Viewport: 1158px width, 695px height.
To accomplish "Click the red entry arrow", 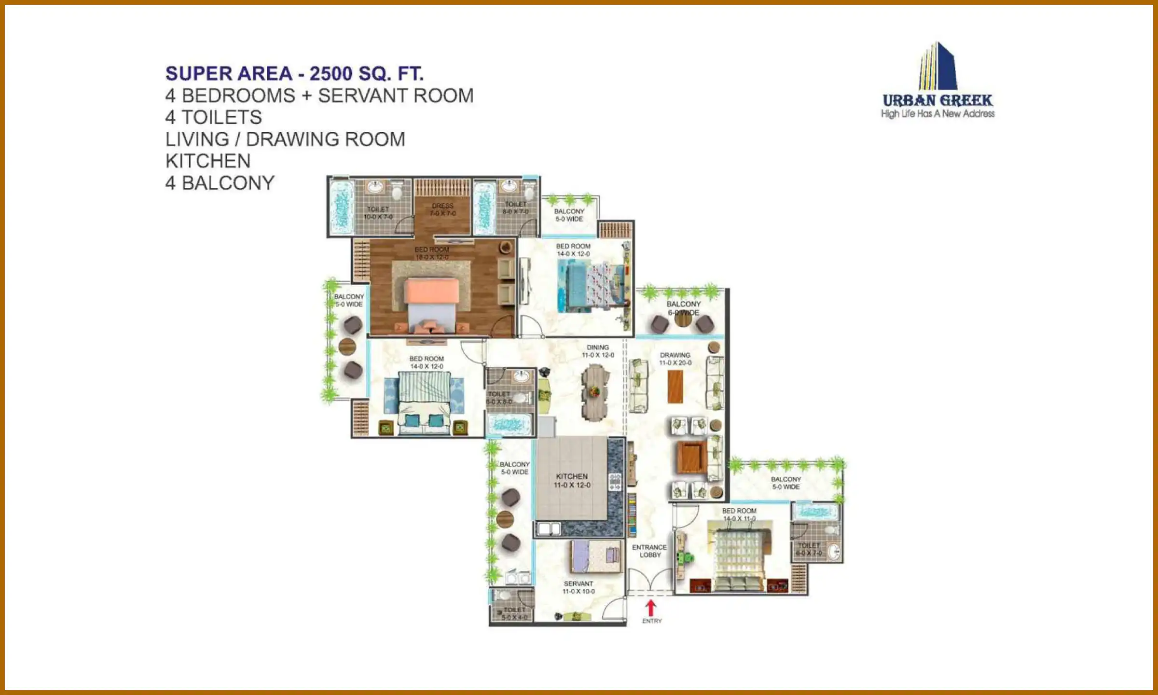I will (x=651, y=608).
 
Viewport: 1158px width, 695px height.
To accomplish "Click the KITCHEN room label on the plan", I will (x=572, y=480).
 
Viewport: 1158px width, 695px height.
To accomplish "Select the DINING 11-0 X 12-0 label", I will (x=598, y=351).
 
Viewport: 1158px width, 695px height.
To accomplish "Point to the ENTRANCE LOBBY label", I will (x=649, y=551).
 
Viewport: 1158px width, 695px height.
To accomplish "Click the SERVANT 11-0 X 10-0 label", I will (x=579, y=587).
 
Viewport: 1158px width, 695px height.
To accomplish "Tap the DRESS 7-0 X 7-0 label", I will (x=442, y=209).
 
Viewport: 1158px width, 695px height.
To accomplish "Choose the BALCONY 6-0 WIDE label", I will (x=683, y=308).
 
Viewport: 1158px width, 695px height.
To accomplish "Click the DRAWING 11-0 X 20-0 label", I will (x=675, y=359).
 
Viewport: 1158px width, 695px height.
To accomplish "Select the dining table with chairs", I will (x=595, y=392).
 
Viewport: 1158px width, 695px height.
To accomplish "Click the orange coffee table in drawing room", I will (x=675, y=386).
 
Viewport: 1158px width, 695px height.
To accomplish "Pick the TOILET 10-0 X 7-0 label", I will (x=378, y=213).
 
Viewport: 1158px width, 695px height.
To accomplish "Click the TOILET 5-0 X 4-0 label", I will (x=514, y=613).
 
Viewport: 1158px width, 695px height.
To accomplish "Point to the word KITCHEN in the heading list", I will (x=208, y=161).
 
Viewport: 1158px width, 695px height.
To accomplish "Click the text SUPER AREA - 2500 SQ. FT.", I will (x=294, y=74).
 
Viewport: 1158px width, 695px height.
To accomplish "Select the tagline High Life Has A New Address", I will (x=937, y=114).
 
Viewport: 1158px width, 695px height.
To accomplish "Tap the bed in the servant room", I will (x=596, y=556).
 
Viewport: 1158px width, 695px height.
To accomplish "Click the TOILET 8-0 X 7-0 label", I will (x=515, y=208).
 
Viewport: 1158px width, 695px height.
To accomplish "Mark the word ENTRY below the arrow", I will (x=652, y=621).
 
